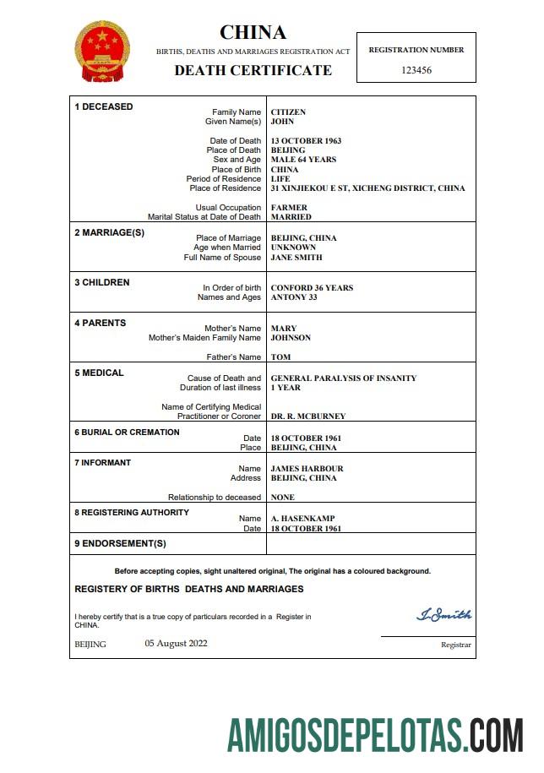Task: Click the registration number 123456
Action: click(416, 70)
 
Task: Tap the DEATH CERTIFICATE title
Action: click(253, 70)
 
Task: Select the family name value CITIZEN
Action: click(288, 112)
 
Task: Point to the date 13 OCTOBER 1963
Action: click(306, 141)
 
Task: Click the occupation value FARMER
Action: click(289, 208)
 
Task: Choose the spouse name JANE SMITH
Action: click(296, 258)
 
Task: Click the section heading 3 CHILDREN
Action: click(102, 283)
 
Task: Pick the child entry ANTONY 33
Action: click(294, 297)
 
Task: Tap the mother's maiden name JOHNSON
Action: click(291, 338)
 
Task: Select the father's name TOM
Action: click(280, 357)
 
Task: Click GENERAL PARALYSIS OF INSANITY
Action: click(343, 378)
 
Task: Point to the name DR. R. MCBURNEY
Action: click(307, 416)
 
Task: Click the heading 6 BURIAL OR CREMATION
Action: click(127, 433)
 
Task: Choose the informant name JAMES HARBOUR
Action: click(307, 469)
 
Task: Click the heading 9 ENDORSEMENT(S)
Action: click(120, 543)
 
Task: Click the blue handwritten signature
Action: click(444, 615)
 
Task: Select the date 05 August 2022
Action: click(176, 644)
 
